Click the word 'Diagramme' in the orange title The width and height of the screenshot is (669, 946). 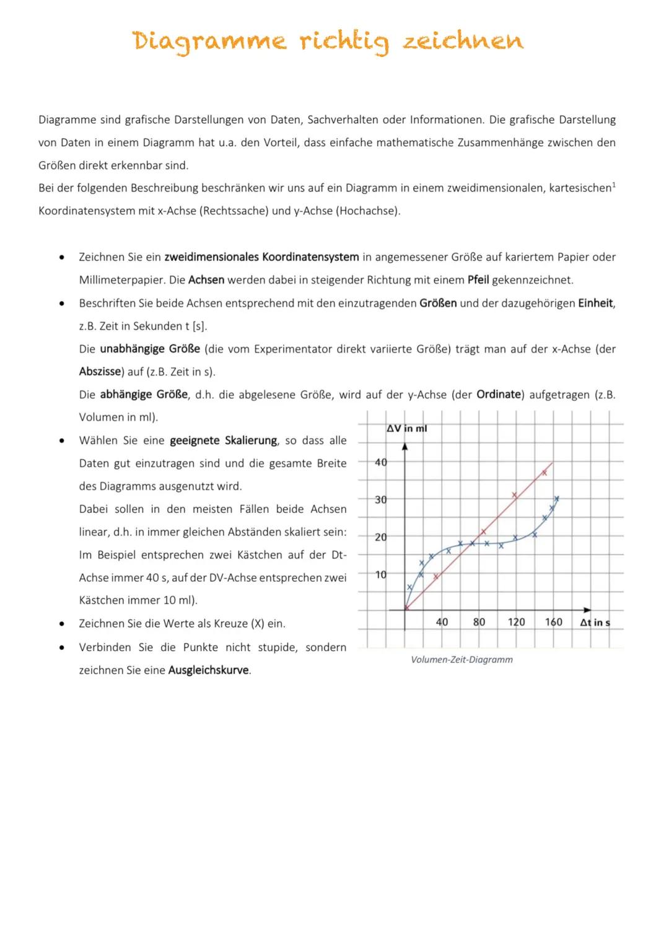tap(209, 42)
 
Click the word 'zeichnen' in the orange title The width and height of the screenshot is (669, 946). tap(463, 42)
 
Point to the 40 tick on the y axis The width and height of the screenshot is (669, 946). tap(381, 462)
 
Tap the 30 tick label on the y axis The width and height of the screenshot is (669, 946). tap(381, 500)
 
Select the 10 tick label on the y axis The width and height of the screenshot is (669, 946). tap(381, 575)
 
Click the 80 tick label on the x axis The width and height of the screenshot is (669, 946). tap(479, 622)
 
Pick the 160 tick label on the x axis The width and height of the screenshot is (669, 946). tap(553, 622)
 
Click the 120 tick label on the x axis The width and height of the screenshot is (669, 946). tap(516, 622)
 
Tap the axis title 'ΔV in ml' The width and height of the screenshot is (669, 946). tap(406, 429)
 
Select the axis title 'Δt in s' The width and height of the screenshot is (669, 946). tap(594, 623)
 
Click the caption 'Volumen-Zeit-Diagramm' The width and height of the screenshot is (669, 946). tap(461, 660)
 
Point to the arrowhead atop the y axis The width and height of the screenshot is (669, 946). tap(404, 445)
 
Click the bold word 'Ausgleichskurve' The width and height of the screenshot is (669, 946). tap(208, 670)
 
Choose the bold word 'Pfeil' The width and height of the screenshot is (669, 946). tap(478, 280)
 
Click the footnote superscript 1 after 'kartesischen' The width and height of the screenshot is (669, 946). tap(613, 184)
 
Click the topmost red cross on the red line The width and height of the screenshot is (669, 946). tap(544, 473)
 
